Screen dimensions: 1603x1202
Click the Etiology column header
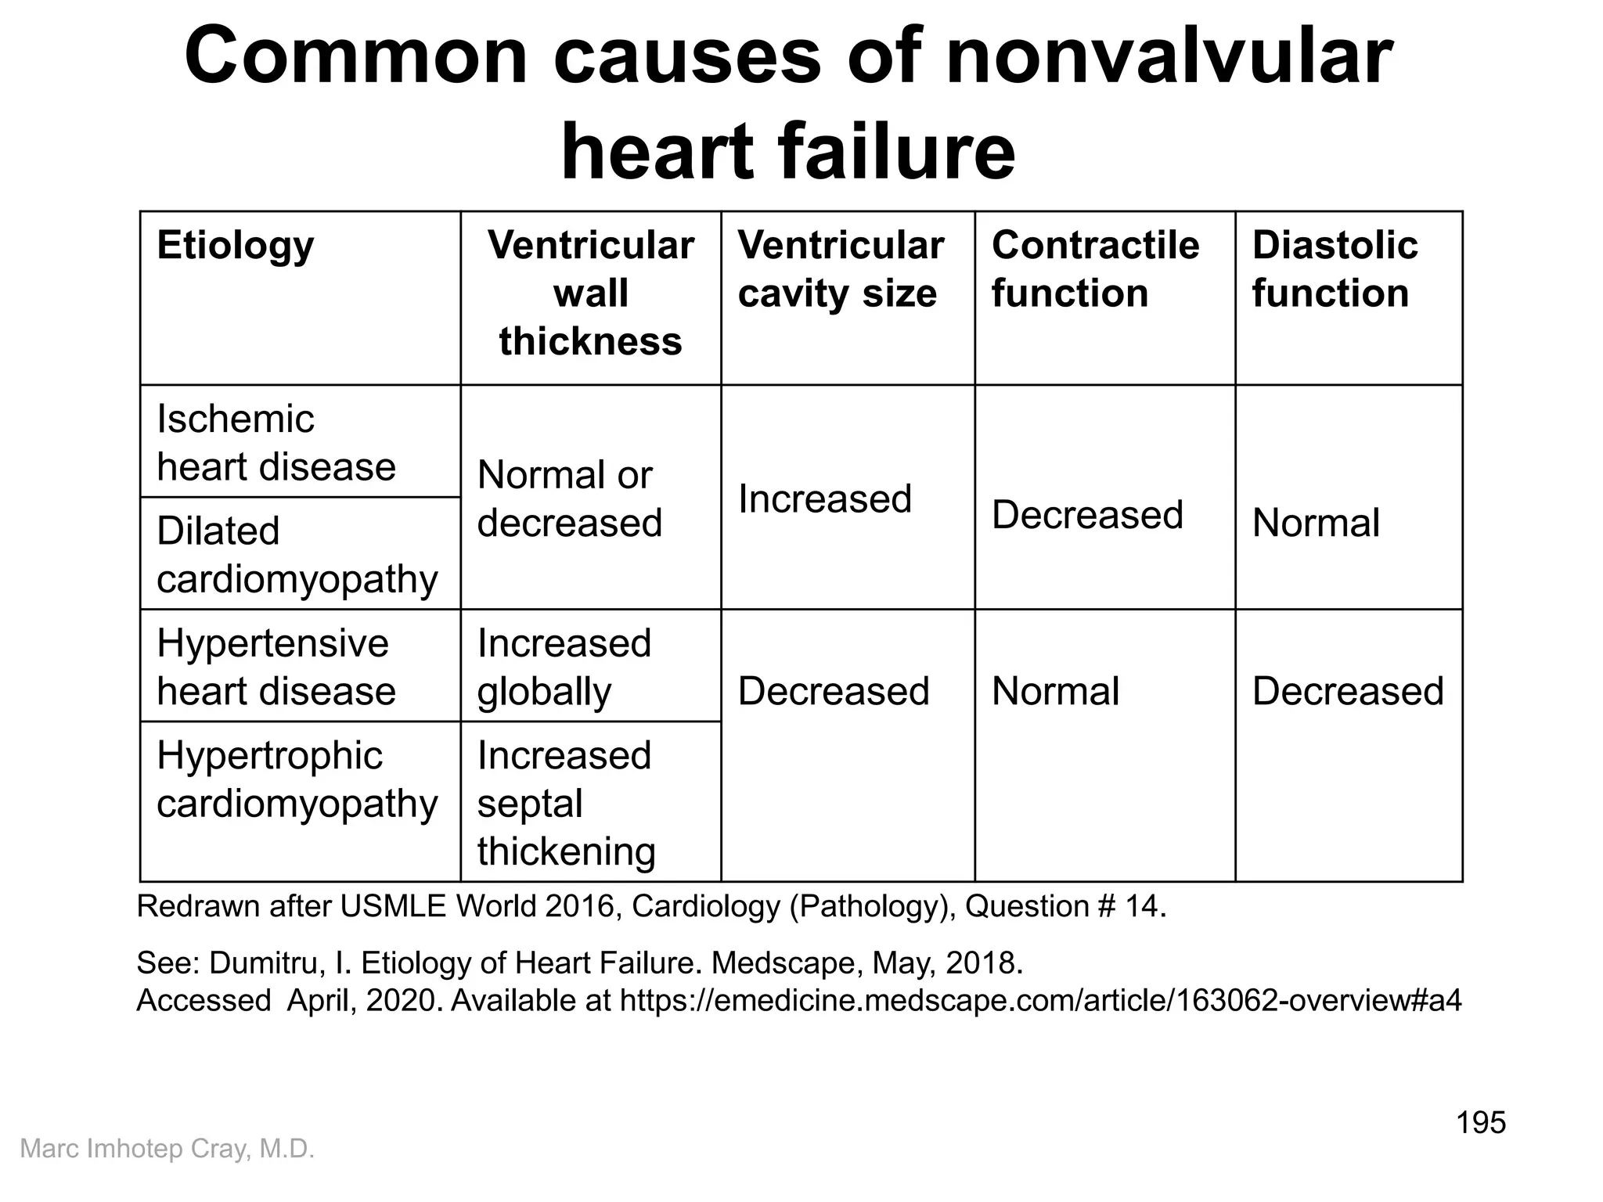click(x=235, y=246)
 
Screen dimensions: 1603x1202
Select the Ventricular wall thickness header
click(x=590, y=293)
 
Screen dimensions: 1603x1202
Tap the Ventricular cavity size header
click(x=841, y=269)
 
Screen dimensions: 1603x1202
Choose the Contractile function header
click(x=1095, y=269)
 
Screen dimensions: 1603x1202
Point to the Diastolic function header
click(x=1335, y=269)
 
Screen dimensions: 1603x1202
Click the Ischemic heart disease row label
click(x=276, y=443)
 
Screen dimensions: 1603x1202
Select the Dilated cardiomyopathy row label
click(x=297, y=555)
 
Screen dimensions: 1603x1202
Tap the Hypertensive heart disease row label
click(x=276, y=667)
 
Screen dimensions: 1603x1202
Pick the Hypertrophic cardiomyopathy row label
click(x=297, y=779)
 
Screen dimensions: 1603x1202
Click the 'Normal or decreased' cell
click(x=569, y=498)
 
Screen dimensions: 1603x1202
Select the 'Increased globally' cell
click(x=564, y=667)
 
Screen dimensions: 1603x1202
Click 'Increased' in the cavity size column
click(x=825, y=499)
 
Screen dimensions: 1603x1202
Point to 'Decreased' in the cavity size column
click(x=834, y=692)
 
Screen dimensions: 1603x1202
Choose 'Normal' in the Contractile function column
click(x=1055, y=692)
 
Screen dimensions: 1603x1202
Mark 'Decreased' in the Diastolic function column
click(x=1348, y=692)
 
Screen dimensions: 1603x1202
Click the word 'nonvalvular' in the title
click(x=1169, y=56)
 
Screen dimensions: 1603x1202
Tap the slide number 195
click(x=1480, y=1123)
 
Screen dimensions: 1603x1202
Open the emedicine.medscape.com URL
click(x=1040, y=1000)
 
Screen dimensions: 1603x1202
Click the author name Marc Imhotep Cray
click(x=167, y=1149)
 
